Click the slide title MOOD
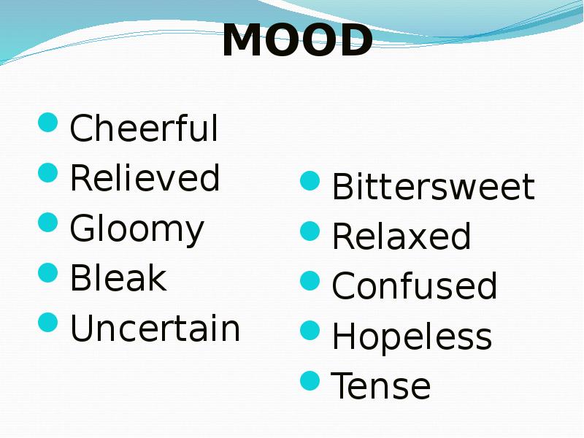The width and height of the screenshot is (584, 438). pyautogui.click(x=297, y=40)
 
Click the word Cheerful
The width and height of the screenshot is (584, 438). pyautogui.click(x=144, y=128)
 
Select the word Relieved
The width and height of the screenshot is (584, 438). pyautogui.click(x=145, y=177)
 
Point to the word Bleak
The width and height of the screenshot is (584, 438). pyautogui.click(x=118, y=277)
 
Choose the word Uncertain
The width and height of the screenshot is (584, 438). pyautogui.click(x=155, y=328)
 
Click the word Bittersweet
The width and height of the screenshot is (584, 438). pyautogui.click(x=433, y=186)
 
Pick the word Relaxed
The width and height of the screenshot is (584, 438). pyautogui.click(x=401, y=236)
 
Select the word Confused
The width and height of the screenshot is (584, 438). pyautogui.click(x=414, y=285)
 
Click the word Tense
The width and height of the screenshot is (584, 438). pyautogui.click(x=380, y=385)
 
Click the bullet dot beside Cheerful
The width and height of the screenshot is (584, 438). pyautogui.click(x=48, y=122)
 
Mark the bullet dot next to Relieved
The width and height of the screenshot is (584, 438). pyautogui.click(x=48, y=172)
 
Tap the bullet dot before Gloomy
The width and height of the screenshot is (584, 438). pyautogui.click(x=48, y=223)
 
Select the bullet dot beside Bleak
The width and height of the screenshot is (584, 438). pyautogui.click(x=48, y=272)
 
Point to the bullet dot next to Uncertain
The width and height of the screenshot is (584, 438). pyautogui.click(x=48, y=322)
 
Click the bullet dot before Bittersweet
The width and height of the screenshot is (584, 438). pyautogui.click(x=310, y=180)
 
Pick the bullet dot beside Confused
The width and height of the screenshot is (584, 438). pyautogui.click(x=310, y=280)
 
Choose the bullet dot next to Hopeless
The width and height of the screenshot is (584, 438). pyautogui.click(x=310, y=330)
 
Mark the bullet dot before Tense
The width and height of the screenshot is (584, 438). pyautogui.click(x=310, y=380)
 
